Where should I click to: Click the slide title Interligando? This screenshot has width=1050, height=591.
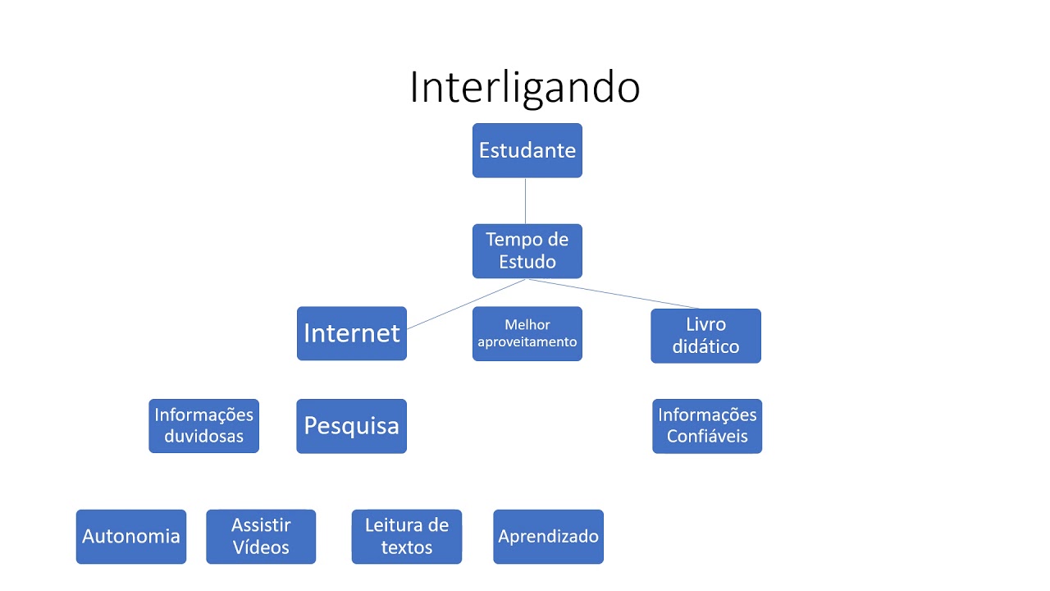pyautogui.click(x=524, y=87)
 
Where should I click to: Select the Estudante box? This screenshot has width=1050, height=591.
pyautogui.click(x=527, y=150)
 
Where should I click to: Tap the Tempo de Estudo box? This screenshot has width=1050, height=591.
pyautogui.click(x=527, y=251)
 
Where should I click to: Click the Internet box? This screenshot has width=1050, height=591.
pyautogui.click(x=352, y=333)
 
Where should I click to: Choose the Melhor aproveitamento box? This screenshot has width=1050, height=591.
pyautogui.click(x=527, y=333)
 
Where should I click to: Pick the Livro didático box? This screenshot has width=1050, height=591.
pyautogui.click(x=706, y=336)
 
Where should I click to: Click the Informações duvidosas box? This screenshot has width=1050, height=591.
pyautogui.click(x=204, y=426)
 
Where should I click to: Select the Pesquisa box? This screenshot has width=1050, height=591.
pyautogui.click(x=352, y=426)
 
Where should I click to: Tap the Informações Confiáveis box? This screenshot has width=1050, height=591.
pyautogui.click(x=707, y=426)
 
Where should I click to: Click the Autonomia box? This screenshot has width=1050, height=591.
pyautogui.click(x=131, y=537)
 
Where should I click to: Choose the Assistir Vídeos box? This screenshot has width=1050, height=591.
pyautogui.click(x=261, y=537)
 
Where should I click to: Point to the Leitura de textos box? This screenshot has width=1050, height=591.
pyautogui.click(x=407, y=537)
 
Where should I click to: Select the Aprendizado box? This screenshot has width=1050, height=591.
pyautogui.click(x=549, y=537)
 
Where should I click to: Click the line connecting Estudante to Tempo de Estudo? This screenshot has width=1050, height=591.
pyautogui.click(x=526, y=201)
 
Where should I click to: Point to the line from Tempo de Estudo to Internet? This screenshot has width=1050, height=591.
pyautogui.click(x=467, y=304)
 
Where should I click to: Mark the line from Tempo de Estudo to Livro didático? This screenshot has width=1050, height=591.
pyautogui.click(x=613, y=294)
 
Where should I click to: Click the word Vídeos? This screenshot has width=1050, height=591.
pyautogui.click(x=261, y=547)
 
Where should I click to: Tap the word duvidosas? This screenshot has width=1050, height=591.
pyautogui.click(x=204, y=436)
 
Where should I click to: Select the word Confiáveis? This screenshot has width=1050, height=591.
pyautogui.click(x=707, y=436)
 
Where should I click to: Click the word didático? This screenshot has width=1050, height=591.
pyautogui.click(x=706, y=346)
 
